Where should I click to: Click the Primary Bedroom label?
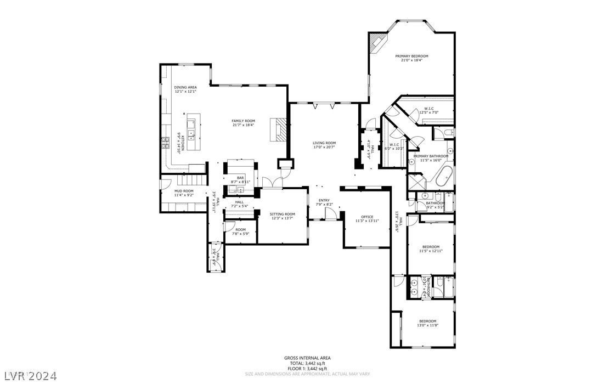(x=411, y=56)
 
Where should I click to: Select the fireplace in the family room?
(x=279, y=129)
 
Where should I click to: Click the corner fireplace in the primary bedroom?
(x=377, y=42)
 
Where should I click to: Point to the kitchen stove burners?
(x=166, y=144)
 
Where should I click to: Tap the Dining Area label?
(x=185, y=87)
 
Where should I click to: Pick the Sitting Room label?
(x=282, y=214)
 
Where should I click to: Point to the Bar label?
(x=240, y=178)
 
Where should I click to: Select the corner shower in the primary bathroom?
(x=415, y=181)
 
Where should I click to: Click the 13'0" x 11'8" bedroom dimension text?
(x=427, y=325)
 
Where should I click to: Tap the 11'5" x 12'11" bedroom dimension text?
(x=431, y=251)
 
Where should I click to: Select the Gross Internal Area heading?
(x=307, y=358)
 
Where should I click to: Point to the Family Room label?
(x=243, y=121)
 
